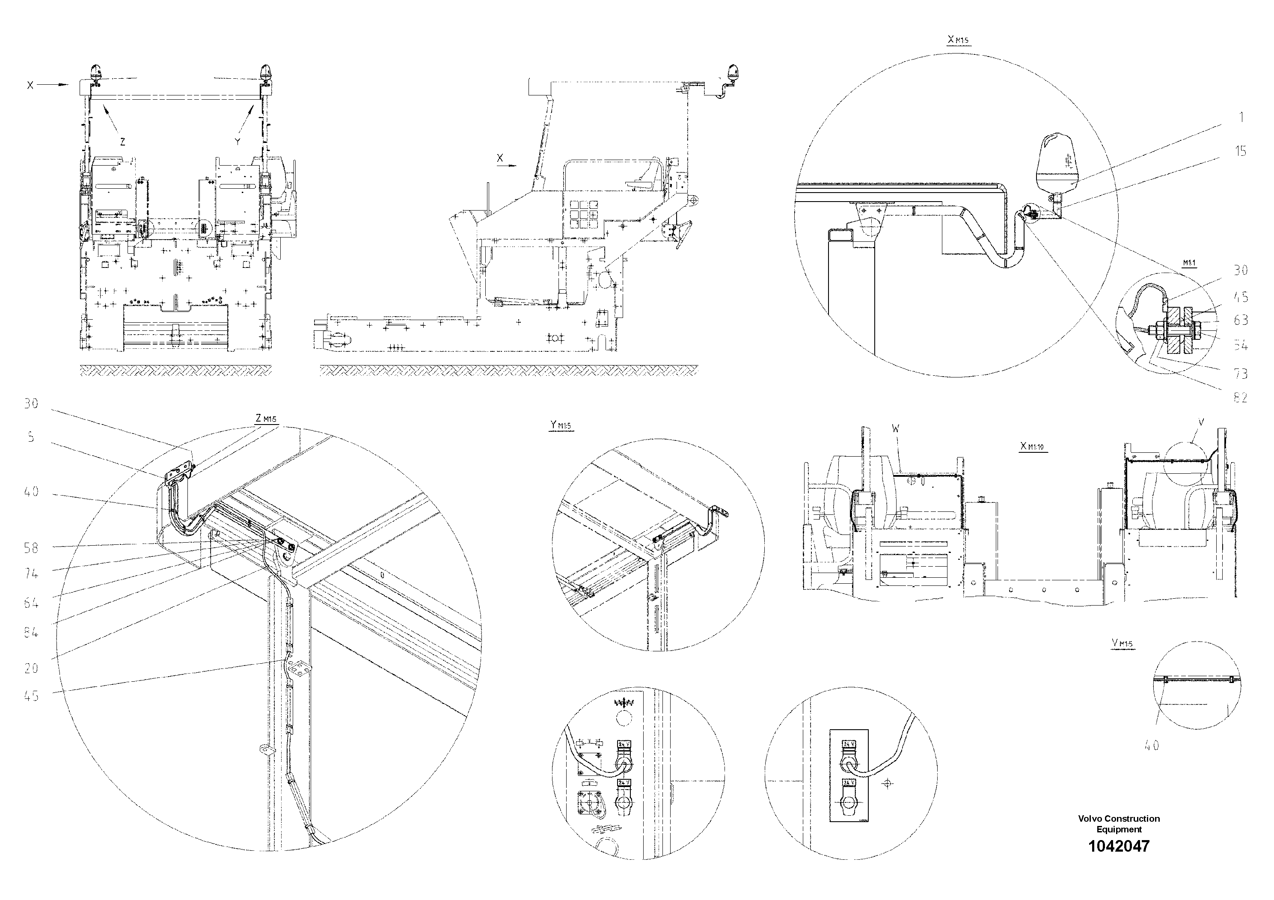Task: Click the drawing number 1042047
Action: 1119,846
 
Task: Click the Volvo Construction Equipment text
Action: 1119,823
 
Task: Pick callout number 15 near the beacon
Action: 1241,151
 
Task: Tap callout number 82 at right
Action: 1241,397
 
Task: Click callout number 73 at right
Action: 1241,374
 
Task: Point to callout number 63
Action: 1241,320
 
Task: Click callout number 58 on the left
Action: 31,548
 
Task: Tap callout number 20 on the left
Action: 31,668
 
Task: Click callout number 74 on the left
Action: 31,574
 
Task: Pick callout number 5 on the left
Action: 31,437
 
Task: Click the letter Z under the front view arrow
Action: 123,142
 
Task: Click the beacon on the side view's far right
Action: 733,73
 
